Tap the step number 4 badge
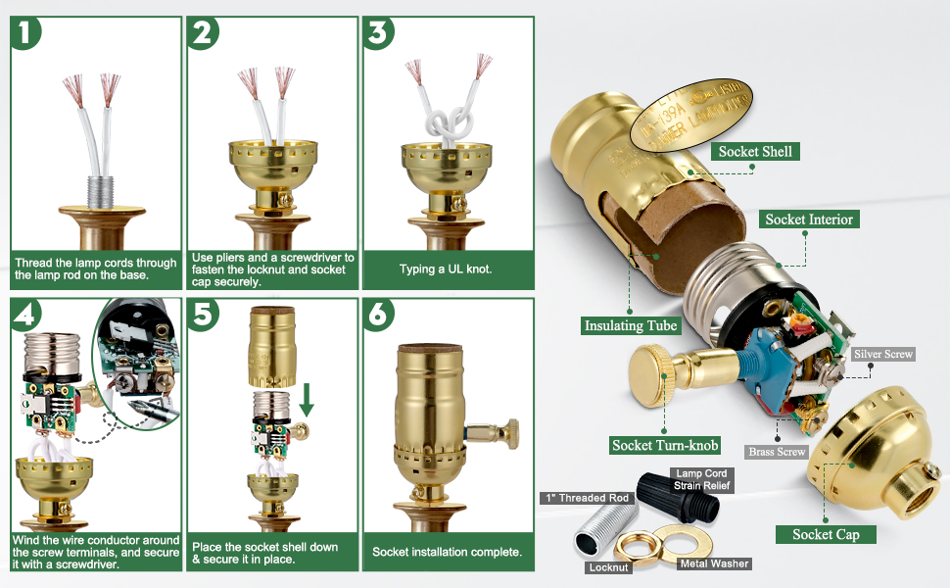[26, 315]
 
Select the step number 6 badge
[379, 315]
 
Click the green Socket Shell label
[756, 151]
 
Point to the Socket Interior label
[809, 220]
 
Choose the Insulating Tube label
[631, 325]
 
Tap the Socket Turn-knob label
[665, 445]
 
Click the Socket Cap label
[826, 534]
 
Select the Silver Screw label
[883, 354]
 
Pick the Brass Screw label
[777, 452]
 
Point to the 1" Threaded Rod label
[587, 498]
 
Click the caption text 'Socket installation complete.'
[447, 553]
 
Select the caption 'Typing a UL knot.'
[447, 269]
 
